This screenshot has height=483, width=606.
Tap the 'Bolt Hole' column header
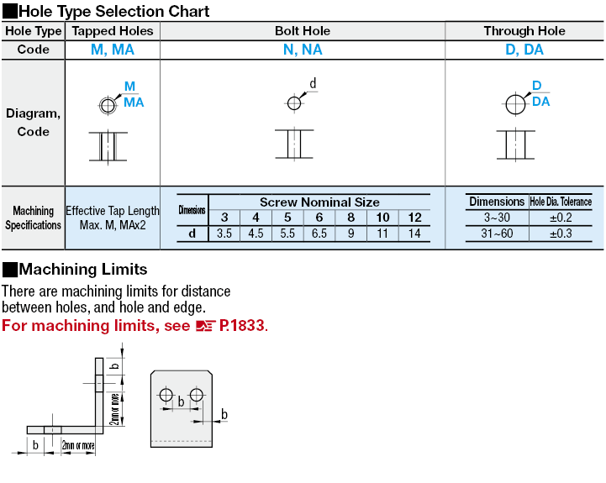303,31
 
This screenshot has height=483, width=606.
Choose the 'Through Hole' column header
524,31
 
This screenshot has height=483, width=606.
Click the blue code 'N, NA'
303,50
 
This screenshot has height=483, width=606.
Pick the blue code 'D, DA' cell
524,50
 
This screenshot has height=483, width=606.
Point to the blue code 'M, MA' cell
113,50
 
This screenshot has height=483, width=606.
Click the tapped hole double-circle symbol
107,105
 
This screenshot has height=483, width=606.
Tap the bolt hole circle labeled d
293,103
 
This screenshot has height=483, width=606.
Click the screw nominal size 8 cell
350,218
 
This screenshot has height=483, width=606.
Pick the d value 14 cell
414,234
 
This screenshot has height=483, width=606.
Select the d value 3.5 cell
224,234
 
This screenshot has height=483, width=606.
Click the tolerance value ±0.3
561,234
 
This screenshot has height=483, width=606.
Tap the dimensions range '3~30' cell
497,218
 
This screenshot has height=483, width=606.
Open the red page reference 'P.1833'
242,325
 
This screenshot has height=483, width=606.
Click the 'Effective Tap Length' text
113,211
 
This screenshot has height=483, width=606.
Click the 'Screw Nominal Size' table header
319,202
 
